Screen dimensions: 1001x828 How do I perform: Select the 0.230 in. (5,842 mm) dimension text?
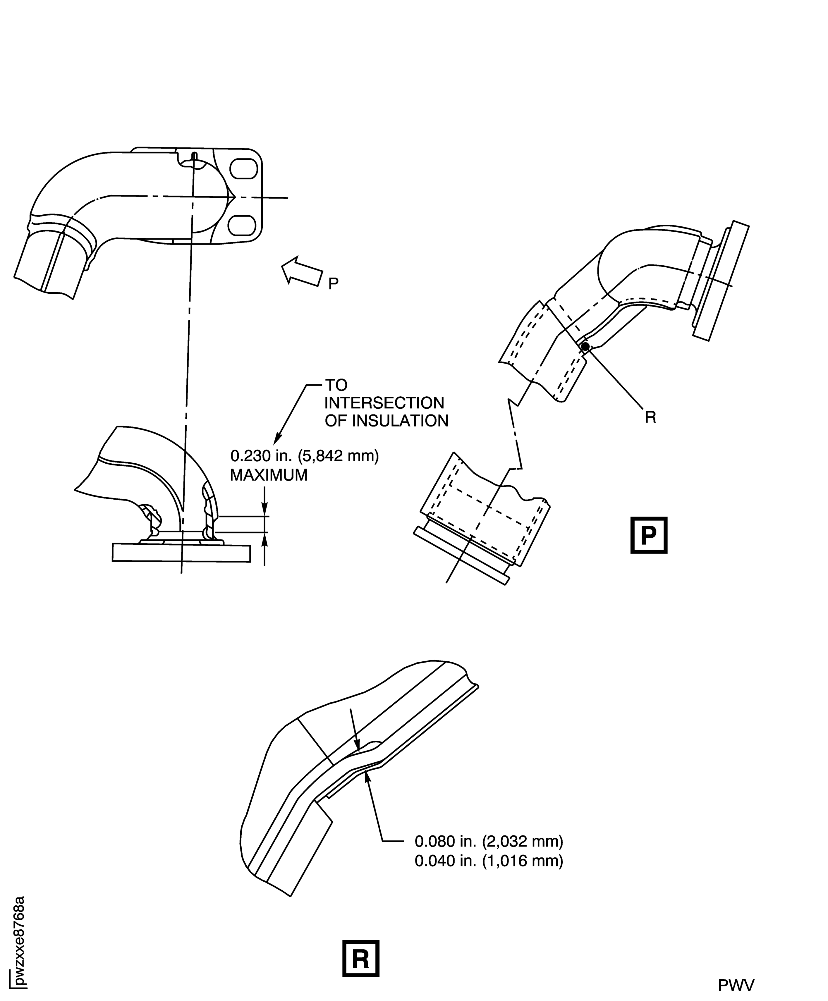[304, 456]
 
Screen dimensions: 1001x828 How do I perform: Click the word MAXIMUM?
[269, 475]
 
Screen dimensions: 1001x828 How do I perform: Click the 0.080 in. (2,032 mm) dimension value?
[489, 842]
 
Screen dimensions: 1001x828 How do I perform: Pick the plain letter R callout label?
[650, 417]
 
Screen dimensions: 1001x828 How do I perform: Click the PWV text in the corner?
[736, 985]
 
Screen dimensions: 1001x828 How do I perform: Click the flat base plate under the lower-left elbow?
[181, 553]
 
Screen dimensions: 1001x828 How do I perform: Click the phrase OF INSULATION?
[386, 421]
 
